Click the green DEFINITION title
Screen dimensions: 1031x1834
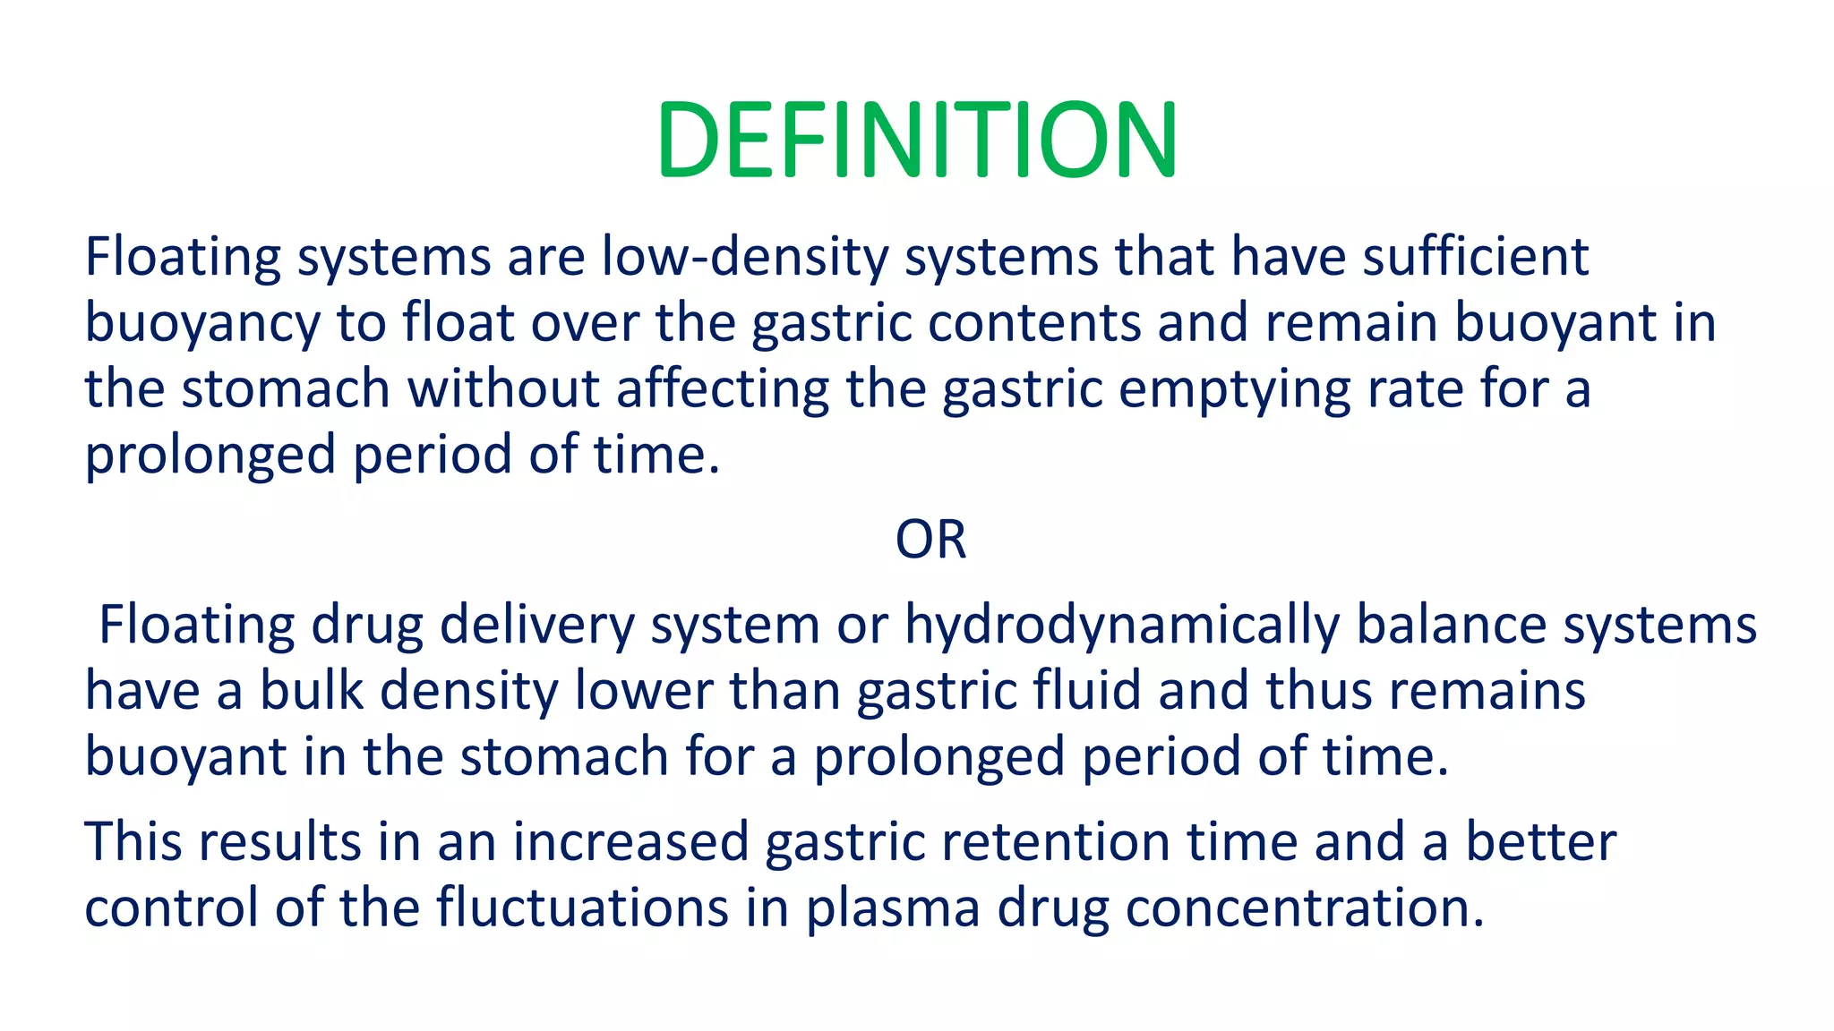[916, 141]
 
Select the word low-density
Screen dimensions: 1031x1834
[745, 257]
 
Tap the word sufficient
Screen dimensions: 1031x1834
[1475, 257]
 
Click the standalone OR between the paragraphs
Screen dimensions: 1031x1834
[930, 540]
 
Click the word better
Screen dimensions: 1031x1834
[1540, 843]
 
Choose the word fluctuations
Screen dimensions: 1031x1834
[583, 907]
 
